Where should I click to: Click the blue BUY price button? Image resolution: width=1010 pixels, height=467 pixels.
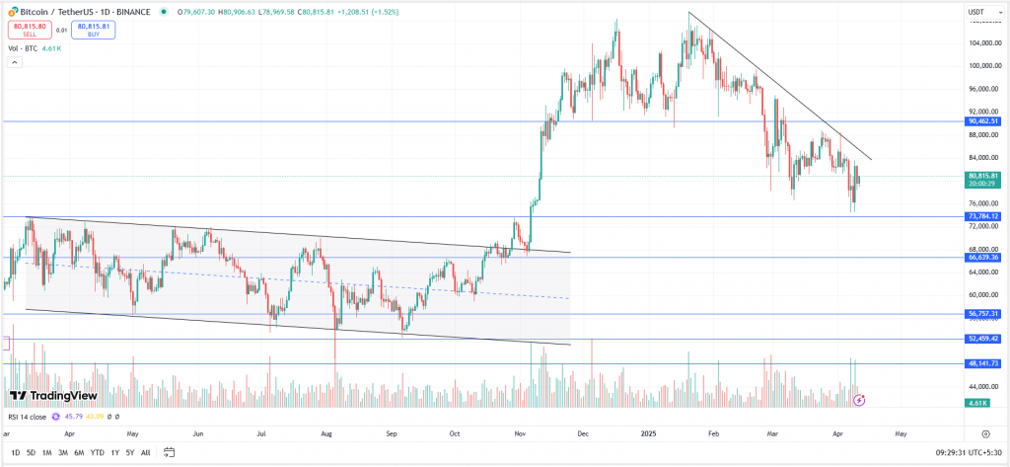pyautogui.click(x=94, y=30)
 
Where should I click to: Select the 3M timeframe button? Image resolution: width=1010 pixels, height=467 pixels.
pyautogui.click(x=63, y=453)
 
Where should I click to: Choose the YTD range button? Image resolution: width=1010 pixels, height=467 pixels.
pyautogui.click(x=97, y=453)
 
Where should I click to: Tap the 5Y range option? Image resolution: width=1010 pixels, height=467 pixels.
pyautogui.click(x=130, y=453)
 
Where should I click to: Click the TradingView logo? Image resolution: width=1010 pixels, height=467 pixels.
pyautogui.click(x=47, y=395)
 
